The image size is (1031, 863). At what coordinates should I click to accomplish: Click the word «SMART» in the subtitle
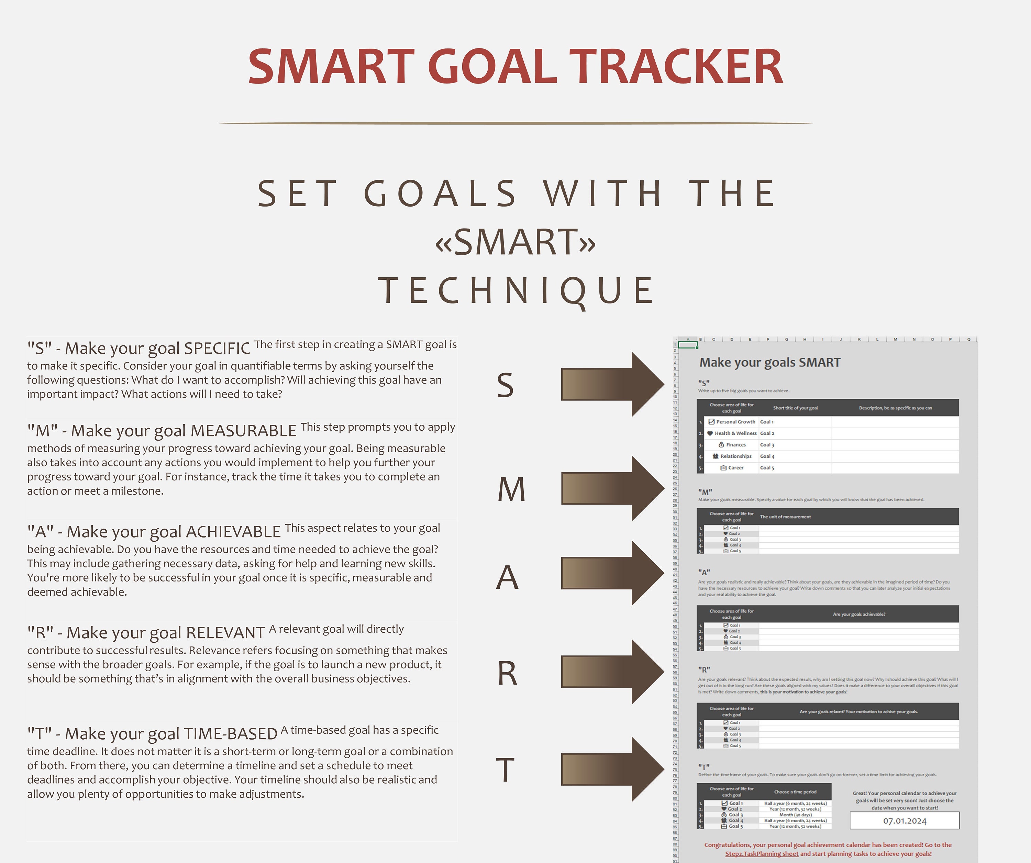(x=515, y=242)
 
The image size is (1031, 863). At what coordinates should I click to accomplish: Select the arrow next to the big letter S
(x=612, y=384)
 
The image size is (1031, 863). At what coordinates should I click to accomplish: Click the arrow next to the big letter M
(x=612, y=488)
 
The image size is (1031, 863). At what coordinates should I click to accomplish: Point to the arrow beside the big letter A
(x=612, y=573)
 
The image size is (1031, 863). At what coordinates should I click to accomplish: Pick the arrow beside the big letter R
(x=612, y=672)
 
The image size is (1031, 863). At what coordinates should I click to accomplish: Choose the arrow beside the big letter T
(x=612, y=769)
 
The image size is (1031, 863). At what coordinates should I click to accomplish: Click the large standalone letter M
(x=512, y=489)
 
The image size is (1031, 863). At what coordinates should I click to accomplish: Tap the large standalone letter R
(x=508, y=674)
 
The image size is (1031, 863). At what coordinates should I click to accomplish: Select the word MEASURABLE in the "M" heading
(x=244, y=431)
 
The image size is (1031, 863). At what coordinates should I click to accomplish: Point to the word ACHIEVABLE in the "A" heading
(x=233, y=532)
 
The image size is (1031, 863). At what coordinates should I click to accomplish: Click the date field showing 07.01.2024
(x=904, y=821)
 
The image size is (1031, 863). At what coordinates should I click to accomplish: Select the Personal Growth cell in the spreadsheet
(x=735, y=422)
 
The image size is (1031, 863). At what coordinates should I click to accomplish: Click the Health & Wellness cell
(x=735, y=433)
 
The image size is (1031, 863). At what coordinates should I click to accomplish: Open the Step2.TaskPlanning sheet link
(x=762, y=854)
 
